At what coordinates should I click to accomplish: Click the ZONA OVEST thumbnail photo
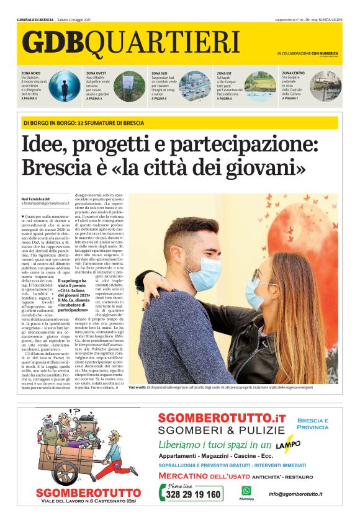(130, 86)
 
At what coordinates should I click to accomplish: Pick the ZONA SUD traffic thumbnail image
(196, 86)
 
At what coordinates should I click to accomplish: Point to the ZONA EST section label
(224, 73)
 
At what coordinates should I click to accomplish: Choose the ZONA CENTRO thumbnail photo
(326, 86)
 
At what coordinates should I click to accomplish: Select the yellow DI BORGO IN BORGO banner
(180, 123)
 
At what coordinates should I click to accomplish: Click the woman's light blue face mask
(256, 292)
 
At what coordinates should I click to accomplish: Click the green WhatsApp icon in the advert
(246, 490)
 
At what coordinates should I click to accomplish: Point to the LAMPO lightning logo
(287, 445)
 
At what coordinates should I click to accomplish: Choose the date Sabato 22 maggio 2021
(74, 20)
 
